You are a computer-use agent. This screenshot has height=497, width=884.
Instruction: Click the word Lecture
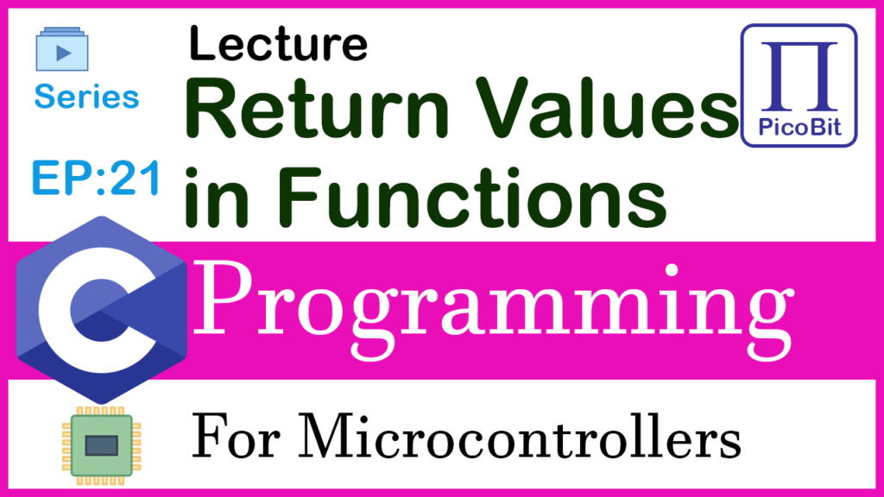[x=279, y=44]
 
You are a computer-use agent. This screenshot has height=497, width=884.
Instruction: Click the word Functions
[x=472, y=198]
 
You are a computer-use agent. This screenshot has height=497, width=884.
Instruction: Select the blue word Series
[x=86, y=97]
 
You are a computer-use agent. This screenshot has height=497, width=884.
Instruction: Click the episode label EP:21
[x=96, y=178]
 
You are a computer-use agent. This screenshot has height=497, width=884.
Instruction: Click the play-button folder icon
[x=62, y=49]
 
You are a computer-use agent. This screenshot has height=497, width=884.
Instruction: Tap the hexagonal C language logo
[x=102, y=310]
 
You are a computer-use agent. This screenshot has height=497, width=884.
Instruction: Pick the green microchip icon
[x=102, y=445]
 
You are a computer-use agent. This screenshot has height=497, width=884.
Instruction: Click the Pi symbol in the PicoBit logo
[x=799, y=76]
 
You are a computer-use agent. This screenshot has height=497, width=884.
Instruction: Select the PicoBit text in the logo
[x=799, y=128]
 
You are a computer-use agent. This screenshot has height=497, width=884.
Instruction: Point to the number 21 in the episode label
[x=136, y=178]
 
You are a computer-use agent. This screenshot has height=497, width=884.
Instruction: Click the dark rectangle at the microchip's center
[x=102, y=446]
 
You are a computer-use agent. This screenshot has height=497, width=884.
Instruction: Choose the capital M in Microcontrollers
[x=331, y=436]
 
